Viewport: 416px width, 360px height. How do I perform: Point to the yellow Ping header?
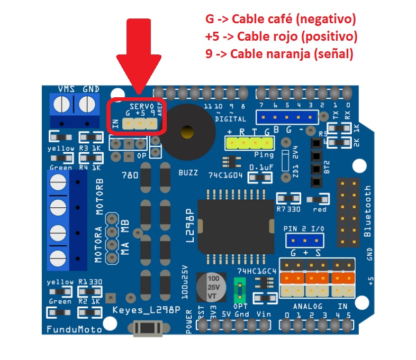249,143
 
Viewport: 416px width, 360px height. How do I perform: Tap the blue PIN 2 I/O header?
305,241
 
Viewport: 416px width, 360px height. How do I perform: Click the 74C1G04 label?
226,175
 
